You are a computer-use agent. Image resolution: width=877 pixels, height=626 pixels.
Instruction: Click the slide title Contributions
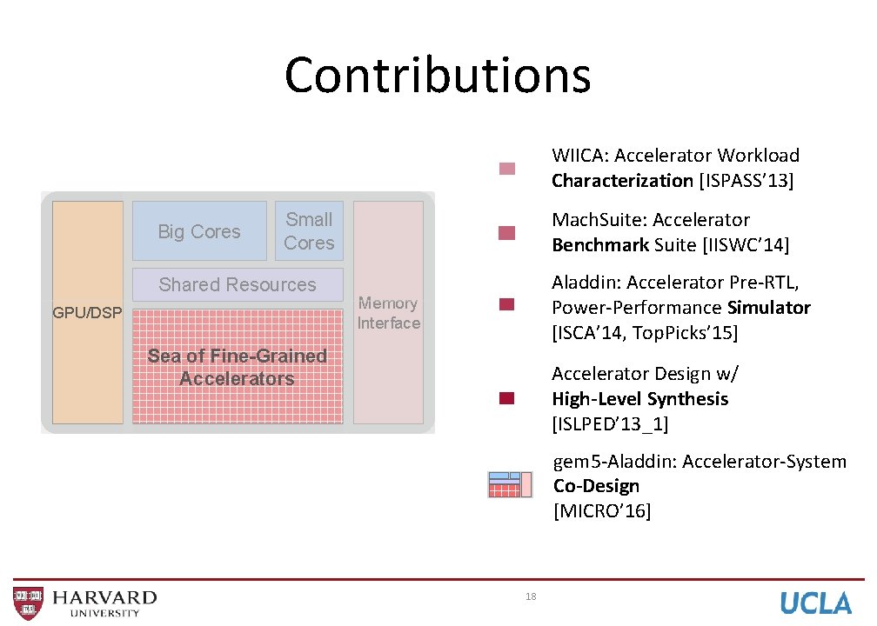point(438,75)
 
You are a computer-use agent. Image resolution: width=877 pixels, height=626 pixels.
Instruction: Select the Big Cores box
point(199,231)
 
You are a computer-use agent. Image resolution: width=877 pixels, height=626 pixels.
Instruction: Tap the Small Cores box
point(309,231)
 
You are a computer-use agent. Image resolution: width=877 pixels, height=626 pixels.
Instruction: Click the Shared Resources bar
point(238,285)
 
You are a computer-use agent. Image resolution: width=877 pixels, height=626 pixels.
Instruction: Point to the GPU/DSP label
point(87,313)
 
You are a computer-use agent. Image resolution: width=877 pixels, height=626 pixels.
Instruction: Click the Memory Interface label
point(388,313)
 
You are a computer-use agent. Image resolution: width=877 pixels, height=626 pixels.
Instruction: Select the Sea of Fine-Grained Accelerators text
point(238,367)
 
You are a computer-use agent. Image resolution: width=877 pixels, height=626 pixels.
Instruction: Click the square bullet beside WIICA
point(507,169)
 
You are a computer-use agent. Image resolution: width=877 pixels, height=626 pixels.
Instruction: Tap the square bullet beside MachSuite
point(507,232)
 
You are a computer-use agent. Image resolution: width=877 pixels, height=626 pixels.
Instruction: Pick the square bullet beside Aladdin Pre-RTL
point(507,305)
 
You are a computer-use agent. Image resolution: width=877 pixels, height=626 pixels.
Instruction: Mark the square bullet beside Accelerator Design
point(507,399)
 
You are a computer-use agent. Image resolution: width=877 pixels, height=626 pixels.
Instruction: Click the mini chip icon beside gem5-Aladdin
point(510,484)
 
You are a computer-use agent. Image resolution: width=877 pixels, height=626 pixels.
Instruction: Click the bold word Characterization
point(621,181)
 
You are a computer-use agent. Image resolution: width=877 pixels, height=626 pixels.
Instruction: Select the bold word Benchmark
point(599,245)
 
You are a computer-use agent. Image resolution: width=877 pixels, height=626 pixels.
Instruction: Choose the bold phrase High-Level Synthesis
point(639,399)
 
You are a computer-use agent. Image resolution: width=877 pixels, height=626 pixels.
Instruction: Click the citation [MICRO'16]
point(601,511)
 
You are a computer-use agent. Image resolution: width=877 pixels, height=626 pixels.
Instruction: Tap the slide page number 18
point(531,596)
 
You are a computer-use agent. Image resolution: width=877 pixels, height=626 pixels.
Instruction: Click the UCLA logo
point(815,603)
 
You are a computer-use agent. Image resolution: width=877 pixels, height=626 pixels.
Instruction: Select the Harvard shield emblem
point(27,603)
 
